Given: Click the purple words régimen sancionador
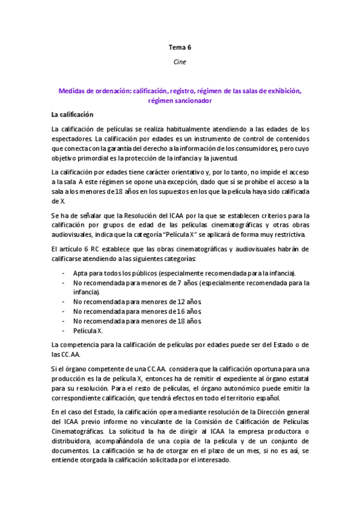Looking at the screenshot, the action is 180,101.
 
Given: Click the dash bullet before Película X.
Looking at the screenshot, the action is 64,331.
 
